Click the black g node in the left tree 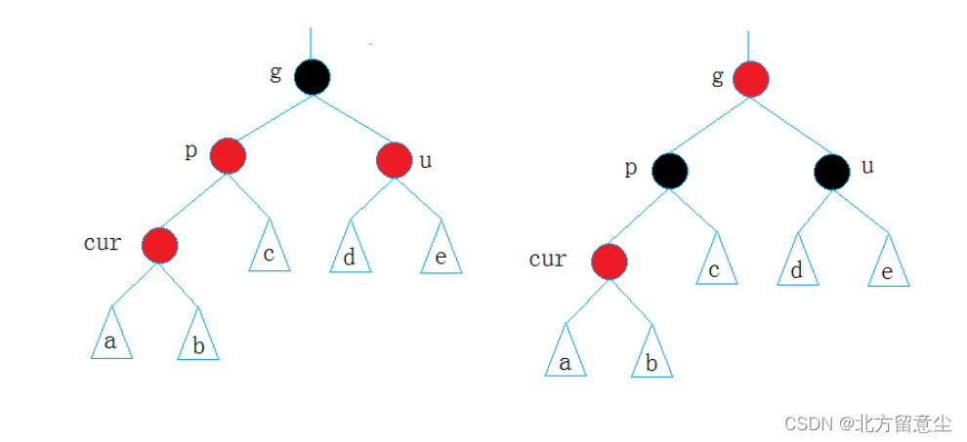[312, 77]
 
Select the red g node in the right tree [750, 79]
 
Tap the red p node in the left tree [228, 155]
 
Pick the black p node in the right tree [671, 171]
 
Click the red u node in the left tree [395, 159]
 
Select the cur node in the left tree [159, 244]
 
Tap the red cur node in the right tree [609, 261]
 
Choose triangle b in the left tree [198, 340]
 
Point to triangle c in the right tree [715, 264]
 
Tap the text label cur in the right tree [548, 259]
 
